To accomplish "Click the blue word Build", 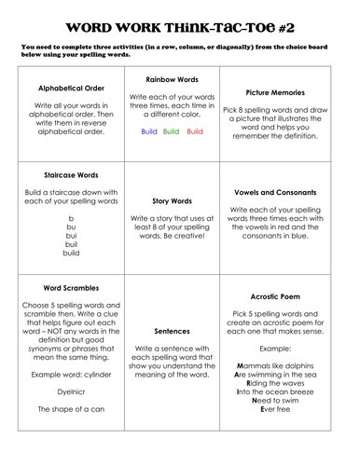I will (149, 131).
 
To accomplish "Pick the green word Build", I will (171, 131).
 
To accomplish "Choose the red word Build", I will (195, 131).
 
